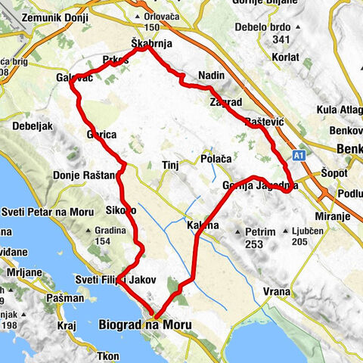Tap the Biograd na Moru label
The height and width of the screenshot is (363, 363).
pos(144,324)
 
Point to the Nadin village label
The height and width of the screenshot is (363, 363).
pos(210,76)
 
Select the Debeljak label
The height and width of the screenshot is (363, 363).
pos(31,126)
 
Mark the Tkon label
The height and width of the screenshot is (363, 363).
pos(108,356)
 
